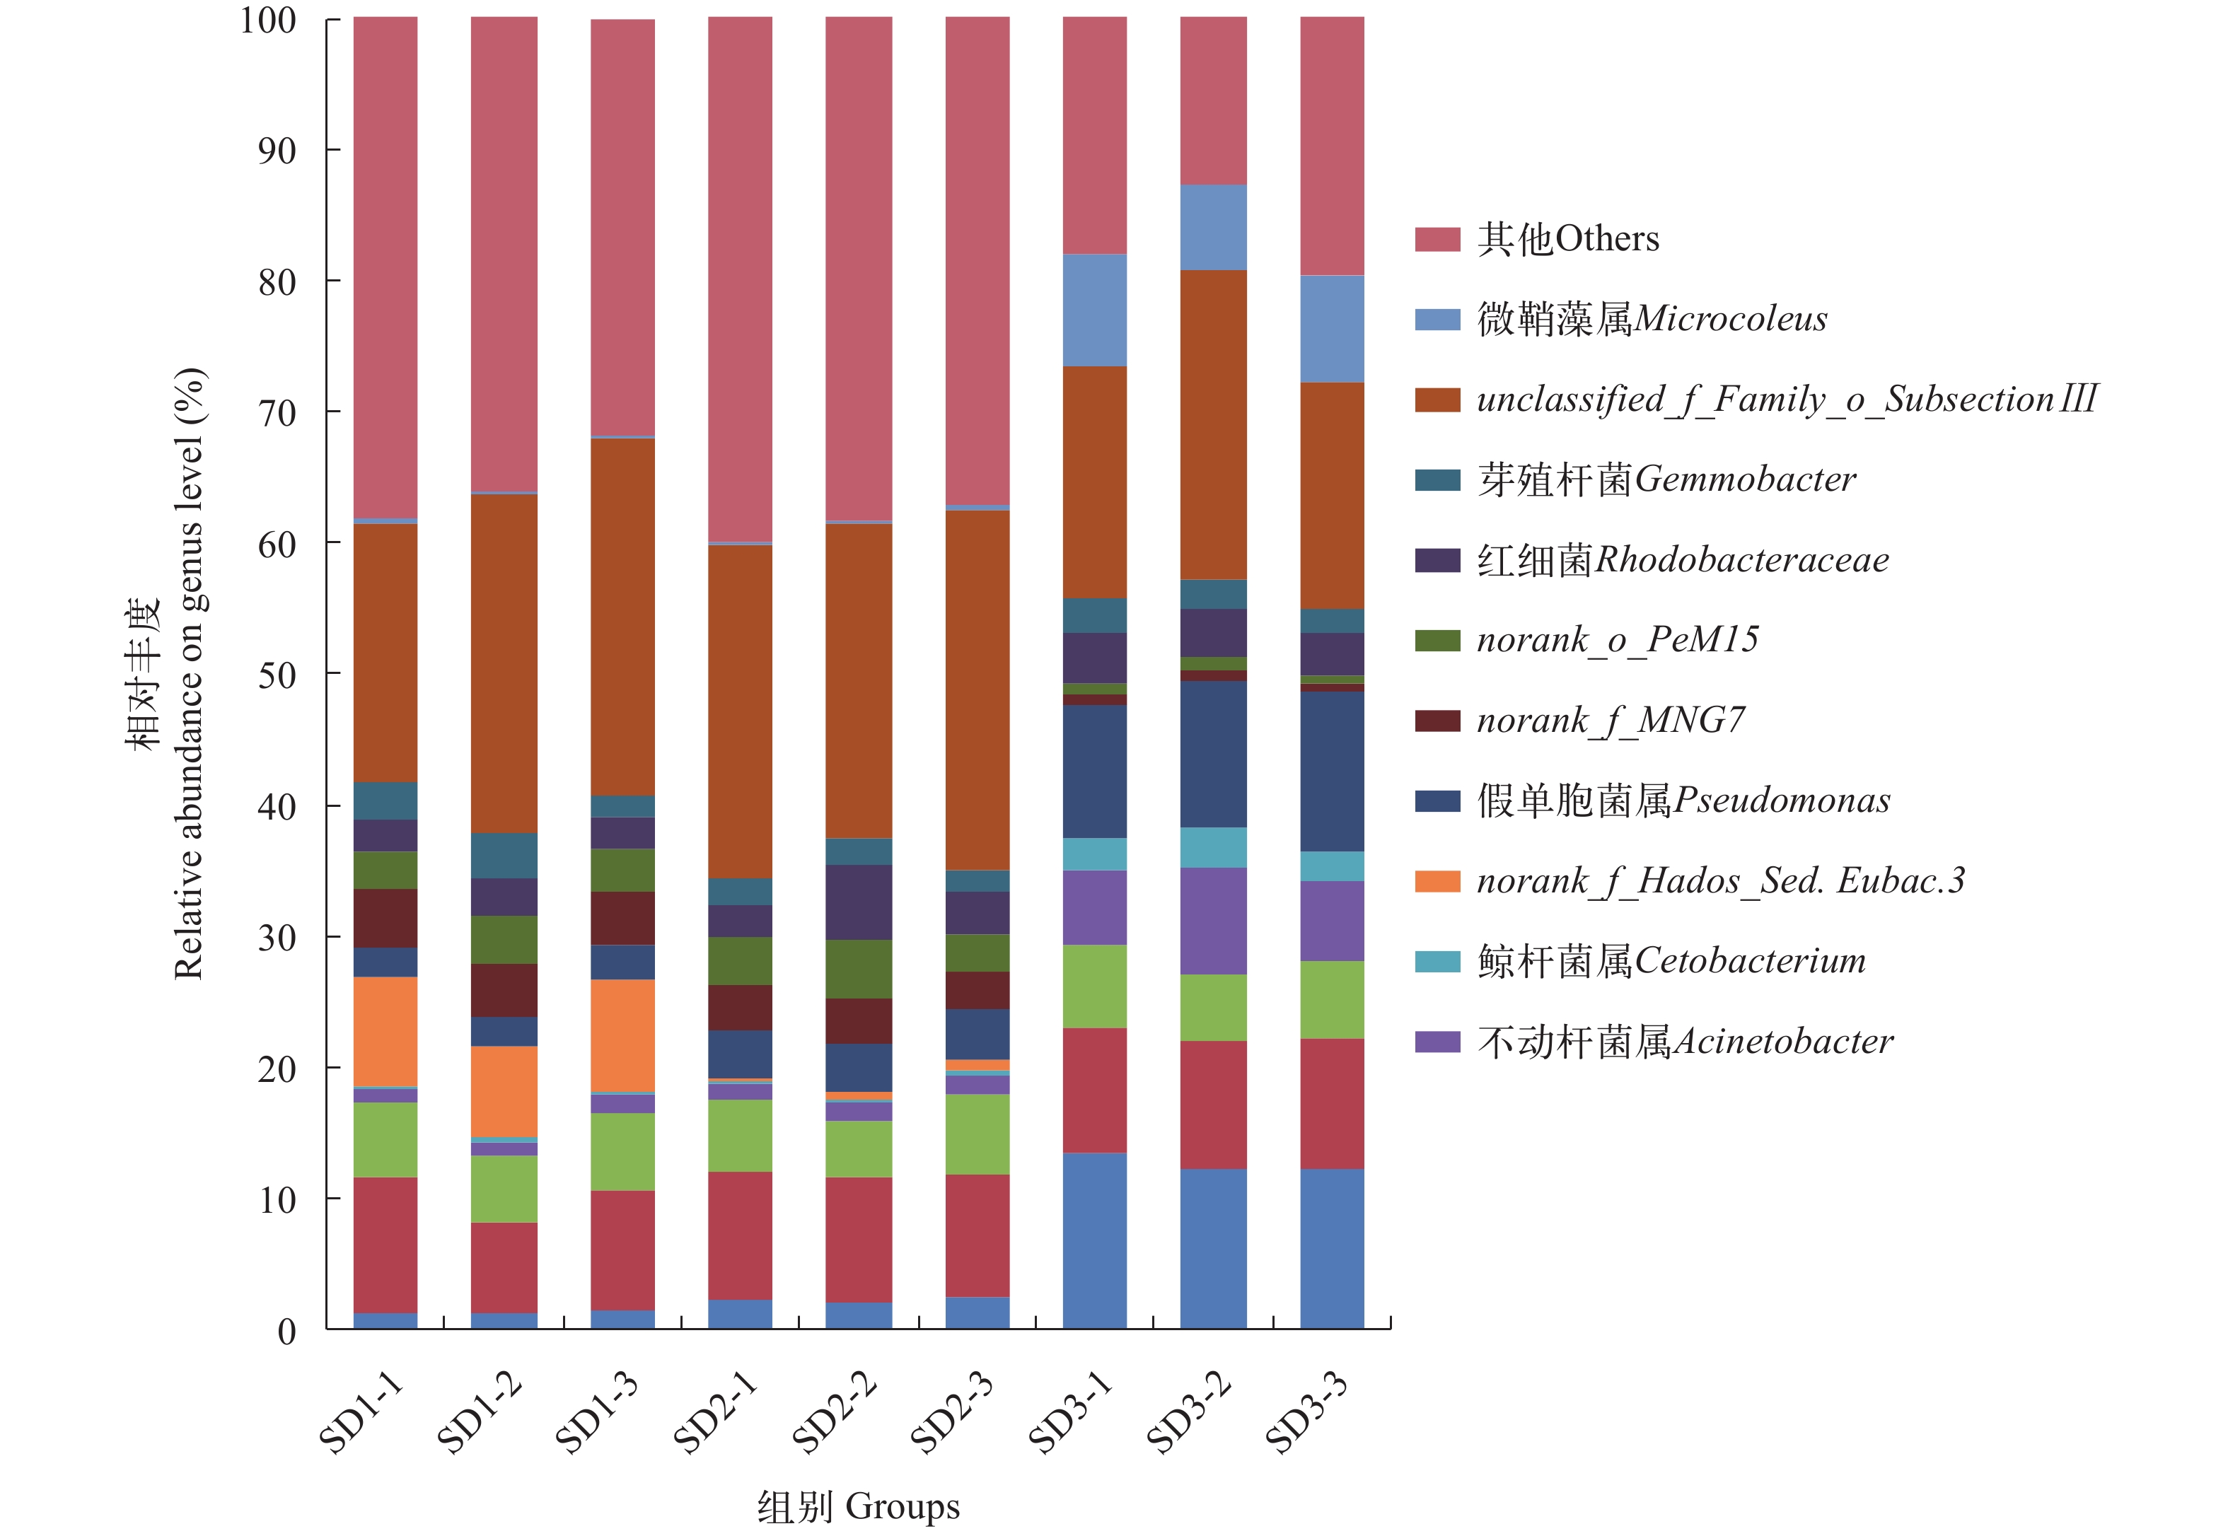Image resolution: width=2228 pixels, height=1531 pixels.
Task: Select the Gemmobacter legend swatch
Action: (x=1437, y=479)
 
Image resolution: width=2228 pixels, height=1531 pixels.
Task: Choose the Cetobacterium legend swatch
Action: (x=1437, y=961)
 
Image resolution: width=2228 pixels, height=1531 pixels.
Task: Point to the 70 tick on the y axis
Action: (x=277, y=414)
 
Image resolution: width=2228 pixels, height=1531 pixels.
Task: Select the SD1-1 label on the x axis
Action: (x=361, y=1412)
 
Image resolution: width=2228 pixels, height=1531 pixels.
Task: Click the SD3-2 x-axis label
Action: (x=1189, y=1412)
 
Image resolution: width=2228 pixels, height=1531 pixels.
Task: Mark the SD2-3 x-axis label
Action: (x=952, y=1412)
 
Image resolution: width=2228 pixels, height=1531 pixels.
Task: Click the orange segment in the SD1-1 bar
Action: (x=385, y=1031)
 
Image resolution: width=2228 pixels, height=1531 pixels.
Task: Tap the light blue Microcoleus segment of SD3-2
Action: (x=1213, y=227)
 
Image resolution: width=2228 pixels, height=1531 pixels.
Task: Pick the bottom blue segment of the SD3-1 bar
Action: (x=1094, y=1240)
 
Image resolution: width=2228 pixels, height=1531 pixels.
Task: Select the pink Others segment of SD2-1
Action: (x=740, y=278)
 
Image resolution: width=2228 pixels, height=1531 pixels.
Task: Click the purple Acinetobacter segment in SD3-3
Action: (x=1332, y=921)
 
